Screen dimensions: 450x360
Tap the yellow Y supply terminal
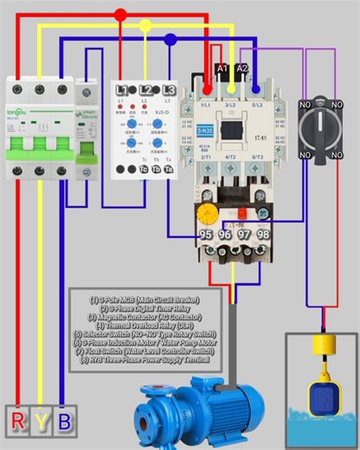pyautogui.click(x=42, y=423)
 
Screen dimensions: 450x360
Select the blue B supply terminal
pyautogui.click(x=63, y=423)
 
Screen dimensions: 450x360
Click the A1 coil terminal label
pyautogui.click(x=222, y=67)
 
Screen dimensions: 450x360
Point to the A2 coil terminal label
pyautogui.click(x=242, y=67)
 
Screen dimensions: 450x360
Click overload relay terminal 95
pyautogui.click(x=207, y=235)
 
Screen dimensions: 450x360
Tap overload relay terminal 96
pyautogui.click(x=226, y=235)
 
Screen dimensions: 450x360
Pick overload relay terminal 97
pyautogui.click(x=245, y=235)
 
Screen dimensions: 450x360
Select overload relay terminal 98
pyautogui.click(x=263, y=235)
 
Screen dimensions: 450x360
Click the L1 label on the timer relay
pyautogui.click(x=122, y=90)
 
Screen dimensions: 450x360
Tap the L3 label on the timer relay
pyautogui.click(x=169, y=90)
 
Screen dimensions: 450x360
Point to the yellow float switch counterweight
pyautogui.click(x=324, y=346)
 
